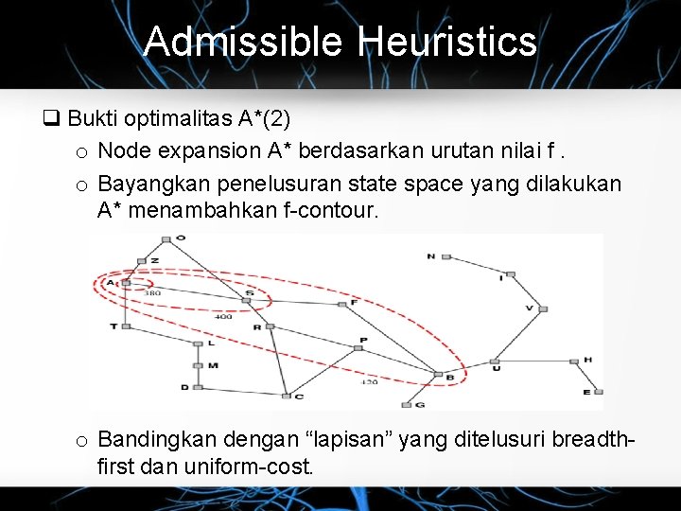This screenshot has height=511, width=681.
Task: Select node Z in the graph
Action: point(141,261)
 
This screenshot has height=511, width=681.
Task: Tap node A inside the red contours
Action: point(122,282)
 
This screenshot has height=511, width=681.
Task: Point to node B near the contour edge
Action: point(438,375)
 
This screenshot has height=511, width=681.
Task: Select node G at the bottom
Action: point(407,405)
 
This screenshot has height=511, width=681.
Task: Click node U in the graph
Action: point(494,361)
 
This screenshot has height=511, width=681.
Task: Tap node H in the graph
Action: point(574,361)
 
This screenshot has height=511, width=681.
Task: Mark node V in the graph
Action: point(542,308)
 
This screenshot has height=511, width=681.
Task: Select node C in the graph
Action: point(285,395)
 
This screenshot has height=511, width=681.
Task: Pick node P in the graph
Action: point(358,347)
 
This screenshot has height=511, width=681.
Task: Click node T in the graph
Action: point(125,326)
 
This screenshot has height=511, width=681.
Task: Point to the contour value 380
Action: point(151,293)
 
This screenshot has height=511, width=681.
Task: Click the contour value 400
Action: point(223,317)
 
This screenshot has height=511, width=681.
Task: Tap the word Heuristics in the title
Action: point(447,42)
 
